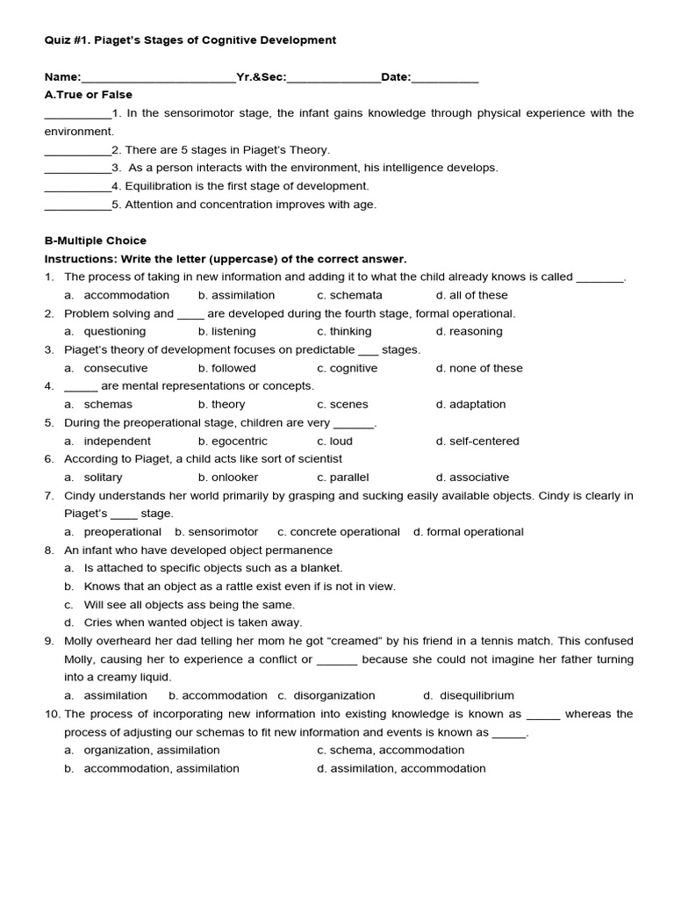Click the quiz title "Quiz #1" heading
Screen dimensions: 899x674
[190, 40]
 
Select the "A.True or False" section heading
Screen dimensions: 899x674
[89, 95]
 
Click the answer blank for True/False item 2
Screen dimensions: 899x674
[77, 151]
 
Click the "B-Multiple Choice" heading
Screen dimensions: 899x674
[96, 241]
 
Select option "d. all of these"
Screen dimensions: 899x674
[471, 296]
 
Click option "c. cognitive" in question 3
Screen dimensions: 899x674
[347, 369]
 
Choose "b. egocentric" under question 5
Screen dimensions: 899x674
[233, 442]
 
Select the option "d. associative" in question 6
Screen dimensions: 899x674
[472, 478]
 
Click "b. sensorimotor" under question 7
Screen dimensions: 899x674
[217, 532]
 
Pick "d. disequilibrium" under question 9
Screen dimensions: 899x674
[469, 695]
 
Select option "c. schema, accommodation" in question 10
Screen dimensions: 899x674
[391, 751]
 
